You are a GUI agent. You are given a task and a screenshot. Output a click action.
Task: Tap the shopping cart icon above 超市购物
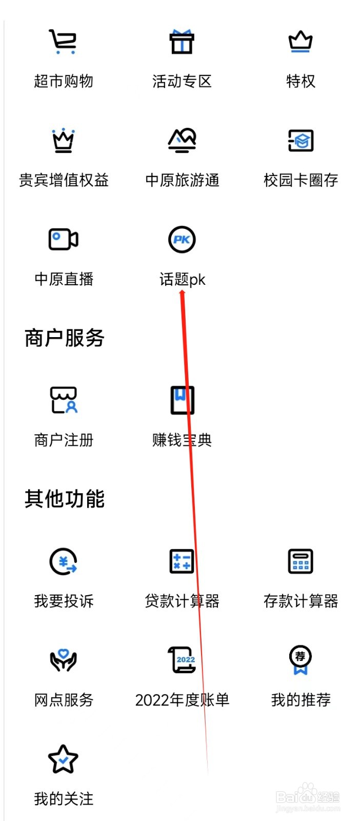(x=63, y=42)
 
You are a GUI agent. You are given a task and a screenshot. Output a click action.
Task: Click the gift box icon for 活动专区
(x=182, y=42)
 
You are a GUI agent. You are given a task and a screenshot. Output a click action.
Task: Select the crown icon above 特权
(x=301, y=42)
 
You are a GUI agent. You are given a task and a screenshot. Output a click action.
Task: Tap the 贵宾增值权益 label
(x=64, y=180)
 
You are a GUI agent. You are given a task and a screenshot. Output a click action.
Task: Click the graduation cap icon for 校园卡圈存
(x=301, y=140)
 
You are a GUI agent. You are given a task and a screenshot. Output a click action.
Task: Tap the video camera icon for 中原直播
(x=63, y=239)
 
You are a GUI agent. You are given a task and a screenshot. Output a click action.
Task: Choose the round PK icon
(x=182, y=239)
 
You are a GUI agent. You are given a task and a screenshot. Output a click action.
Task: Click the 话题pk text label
(x=182, y=280)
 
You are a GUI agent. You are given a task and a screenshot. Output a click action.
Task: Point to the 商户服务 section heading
(x=65, y=338)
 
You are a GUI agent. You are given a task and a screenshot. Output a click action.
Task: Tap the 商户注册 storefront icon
(x=63, y=400)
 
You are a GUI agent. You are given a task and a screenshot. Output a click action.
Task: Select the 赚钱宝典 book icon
(x=182, y=400)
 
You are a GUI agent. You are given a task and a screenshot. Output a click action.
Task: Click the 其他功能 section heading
(x=65, y=499)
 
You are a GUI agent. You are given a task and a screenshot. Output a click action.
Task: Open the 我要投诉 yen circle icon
(x=63, y=561)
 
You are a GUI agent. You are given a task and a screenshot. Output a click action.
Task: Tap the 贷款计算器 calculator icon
(x=182, y=561)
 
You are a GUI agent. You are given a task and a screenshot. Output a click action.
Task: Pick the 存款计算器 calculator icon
(x=301, y=561)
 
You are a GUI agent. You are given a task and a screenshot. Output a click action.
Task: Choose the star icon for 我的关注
(x=63, y=759)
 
